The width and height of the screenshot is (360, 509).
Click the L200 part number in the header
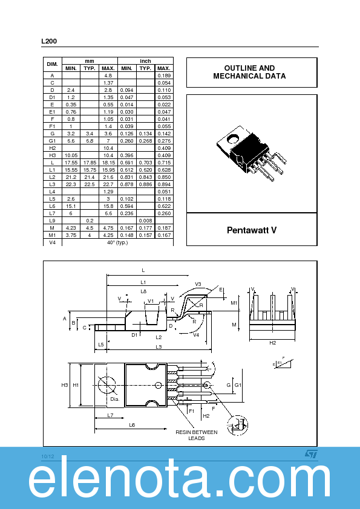click(x=49, y=41)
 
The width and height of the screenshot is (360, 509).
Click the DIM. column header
click(x=52, y=64)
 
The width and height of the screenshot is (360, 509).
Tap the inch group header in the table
click(x=145, y=61)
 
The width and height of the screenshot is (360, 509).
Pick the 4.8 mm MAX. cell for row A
click(x=108, y=75)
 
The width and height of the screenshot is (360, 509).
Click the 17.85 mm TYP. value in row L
click(x=90, y=163)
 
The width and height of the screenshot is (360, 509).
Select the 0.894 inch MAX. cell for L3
click(x=163, y=184)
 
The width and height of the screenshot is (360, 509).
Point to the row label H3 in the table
click(x=52, y=155)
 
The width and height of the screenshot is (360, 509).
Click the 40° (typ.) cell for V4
click(x=117, y=242)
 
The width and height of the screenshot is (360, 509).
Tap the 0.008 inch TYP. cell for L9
click(x=145, y=221)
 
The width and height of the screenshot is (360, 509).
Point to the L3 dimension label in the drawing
click(x=159, y=346)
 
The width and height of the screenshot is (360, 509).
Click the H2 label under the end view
click(x=273, y=343)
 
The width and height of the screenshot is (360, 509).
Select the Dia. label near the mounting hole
click(x=114, y=399)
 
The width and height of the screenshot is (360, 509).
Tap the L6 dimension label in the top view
click(x=131, y=425)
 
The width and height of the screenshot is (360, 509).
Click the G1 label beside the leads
click(x=238, y=385)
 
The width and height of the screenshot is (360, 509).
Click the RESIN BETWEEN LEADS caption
click(x=196, y=435)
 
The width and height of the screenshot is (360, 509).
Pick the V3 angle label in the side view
click(x=198, y=284)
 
